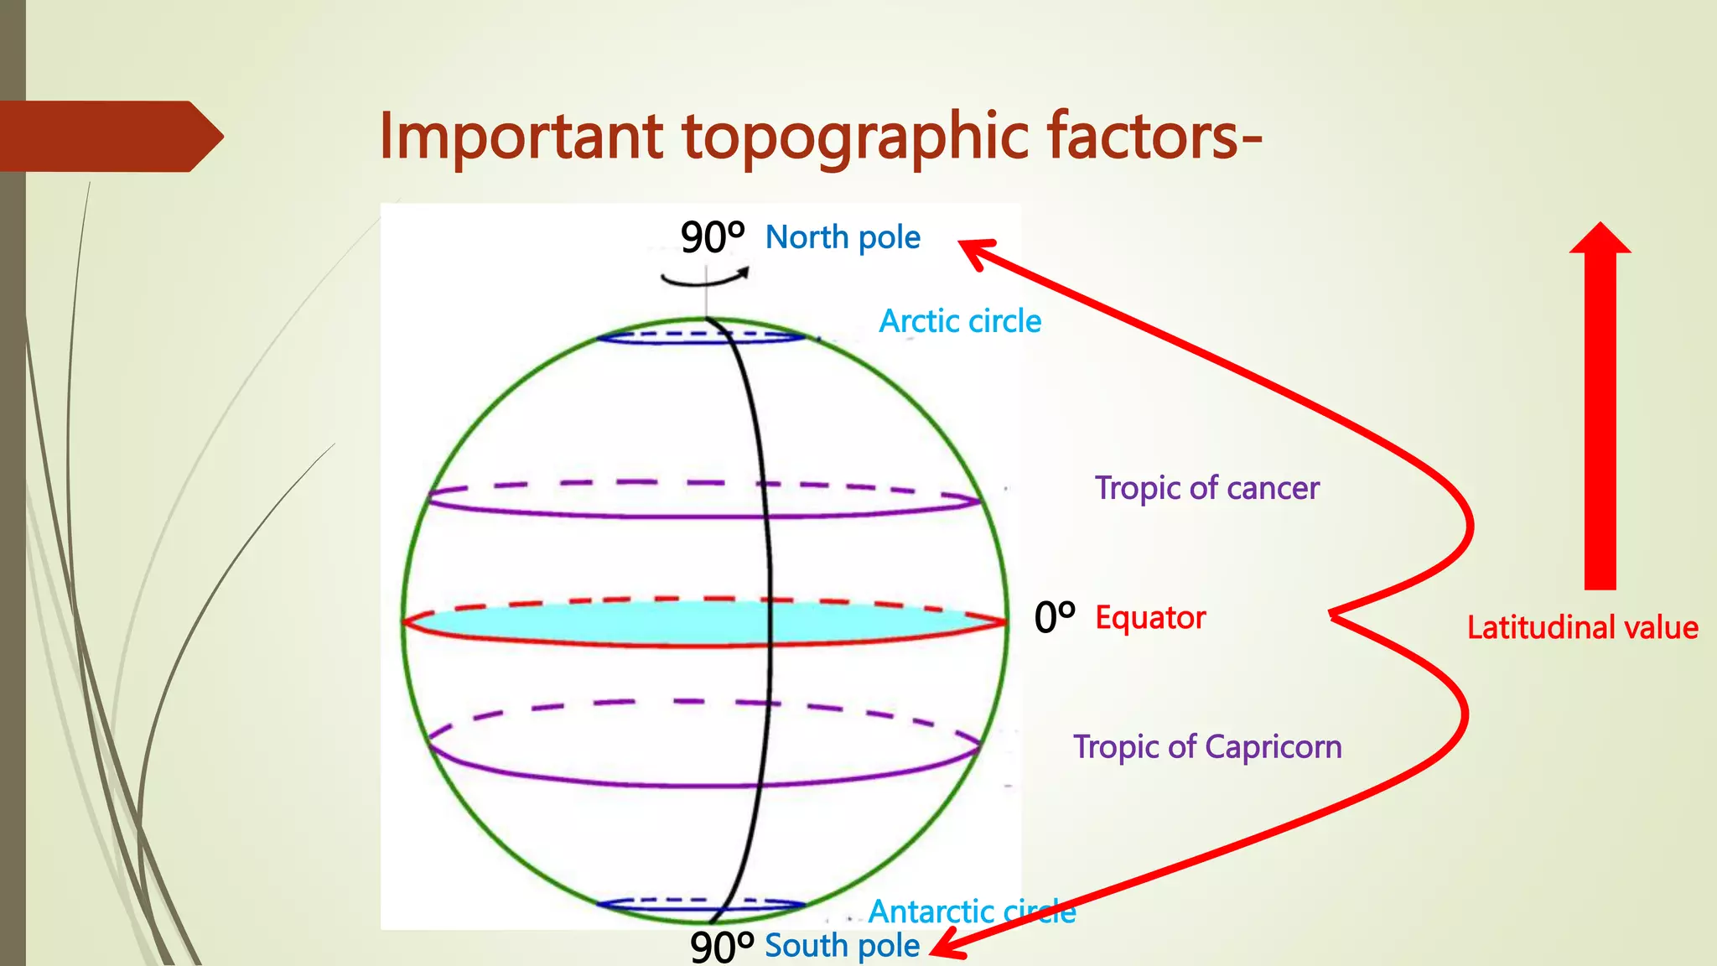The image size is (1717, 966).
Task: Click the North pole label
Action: coord(843,237)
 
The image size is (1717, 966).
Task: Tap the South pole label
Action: coord(842,945)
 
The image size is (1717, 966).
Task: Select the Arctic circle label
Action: coord(960,321)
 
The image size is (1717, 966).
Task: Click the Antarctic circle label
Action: coord(972,911)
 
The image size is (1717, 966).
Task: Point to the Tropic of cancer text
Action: coord(1206,488)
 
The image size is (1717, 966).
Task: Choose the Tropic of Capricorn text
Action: coord(1207,746)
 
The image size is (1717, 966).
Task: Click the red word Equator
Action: coord(1150,618)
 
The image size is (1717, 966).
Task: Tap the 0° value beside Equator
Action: coord(1054,618)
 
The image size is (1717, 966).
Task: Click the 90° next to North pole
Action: coord(712,237)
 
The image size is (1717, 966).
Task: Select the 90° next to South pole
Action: coord(721,947)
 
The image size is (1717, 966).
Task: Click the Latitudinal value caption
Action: coord(1582,627)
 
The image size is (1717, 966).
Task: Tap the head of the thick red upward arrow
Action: coord(1600,239)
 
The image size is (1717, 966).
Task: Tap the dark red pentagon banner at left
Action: coord(109,136)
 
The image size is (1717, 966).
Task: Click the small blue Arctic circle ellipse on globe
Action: coord(701,337)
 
